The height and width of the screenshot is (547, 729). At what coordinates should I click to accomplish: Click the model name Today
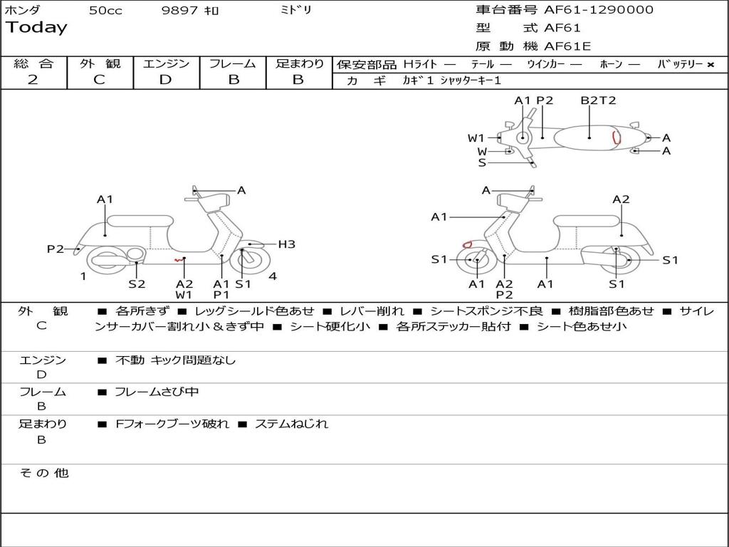[36, 28]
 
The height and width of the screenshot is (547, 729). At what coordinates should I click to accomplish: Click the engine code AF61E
[567, 47]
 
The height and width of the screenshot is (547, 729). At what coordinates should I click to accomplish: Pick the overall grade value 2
[33, 80]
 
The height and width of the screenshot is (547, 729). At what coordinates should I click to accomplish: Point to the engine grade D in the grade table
[165, 80]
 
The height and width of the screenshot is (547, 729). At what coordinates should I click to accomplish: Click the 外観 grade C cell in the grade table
[99, 80]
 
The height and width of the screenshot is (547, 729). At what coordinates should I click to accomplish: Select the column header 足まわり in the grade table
[299, 64]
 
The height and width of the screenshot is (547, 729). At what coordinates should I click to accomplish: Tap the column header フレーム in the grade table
[232, 64]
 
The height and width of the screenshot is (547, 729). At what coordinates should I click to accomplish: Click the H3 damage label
[286, 244]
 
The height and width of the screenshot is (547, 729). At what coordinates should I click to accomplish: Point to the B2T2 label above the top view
[598, 100]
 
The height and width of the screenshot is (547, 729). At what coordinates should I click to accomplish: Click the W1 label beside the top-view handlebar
[476, 138]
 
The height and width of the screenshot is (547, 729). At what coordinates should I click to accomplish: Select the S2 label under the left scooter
[137, 283]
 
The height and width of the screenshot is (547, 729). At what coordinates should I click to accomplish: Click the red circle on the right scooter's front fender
[468, 245]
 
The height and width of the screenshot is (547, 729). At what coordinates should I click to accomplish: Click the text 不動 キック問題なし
[175, 360]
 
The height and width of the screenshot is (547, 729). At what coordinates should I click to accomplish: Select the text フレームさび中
[157, 392]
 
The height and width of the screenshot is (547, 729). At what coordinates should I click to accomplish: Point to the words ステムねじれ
[291, 424]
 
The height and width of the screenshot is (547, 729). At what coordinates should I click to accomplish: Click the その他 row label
[43, 473]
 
